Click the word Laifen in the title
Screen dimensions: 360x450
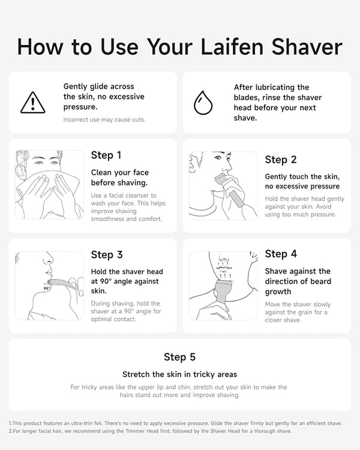click(x=232, y=46)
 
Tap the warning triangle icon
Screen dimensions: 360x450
click(x=33, y=103)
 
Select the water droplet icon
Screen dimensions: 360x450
click(x=203, y=103)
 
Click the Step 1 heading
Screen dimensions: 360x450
click(x=106, y=155)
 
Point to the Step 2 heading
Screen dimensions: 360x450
click(x=280, y=160)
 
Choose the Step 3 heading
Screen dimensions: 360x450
click(x=107, y=254)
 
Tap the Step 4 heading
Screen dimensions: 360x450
click(x=281, y=254)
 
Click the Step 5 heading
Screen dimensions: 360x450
click(x=180, y=357)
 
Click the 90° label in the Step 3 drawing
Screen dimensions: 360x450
click(x=47, y=288)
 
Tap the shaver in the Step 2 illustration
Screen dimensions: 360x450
click(x=230, y=190)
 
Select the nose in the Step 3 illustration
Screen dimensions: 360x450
click(x=48, y=259)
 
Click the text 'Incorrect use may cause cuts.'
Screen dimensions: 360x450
click(x=104, y=119)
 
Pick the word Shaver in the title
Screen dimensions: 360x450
click(x=307, y=46)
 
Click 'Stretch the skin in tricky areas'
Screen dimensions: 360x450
click(x=180, y=374)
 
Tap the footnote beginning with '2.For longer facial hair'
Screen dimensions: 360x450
click(x=150, y=431)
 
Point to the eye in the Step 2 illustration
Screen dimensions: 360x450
click(x=218, y=157)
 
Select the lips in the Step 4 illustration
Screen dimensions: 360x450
click(x=224, y=269)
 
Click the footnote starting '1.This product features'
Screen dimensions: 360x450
click(x=175, y=423)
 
